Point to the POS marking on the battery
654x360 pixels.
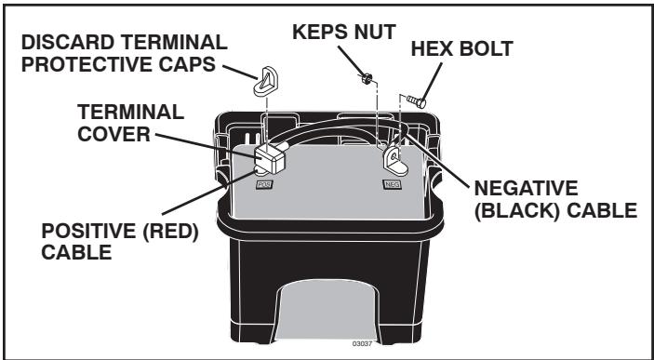263,185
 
